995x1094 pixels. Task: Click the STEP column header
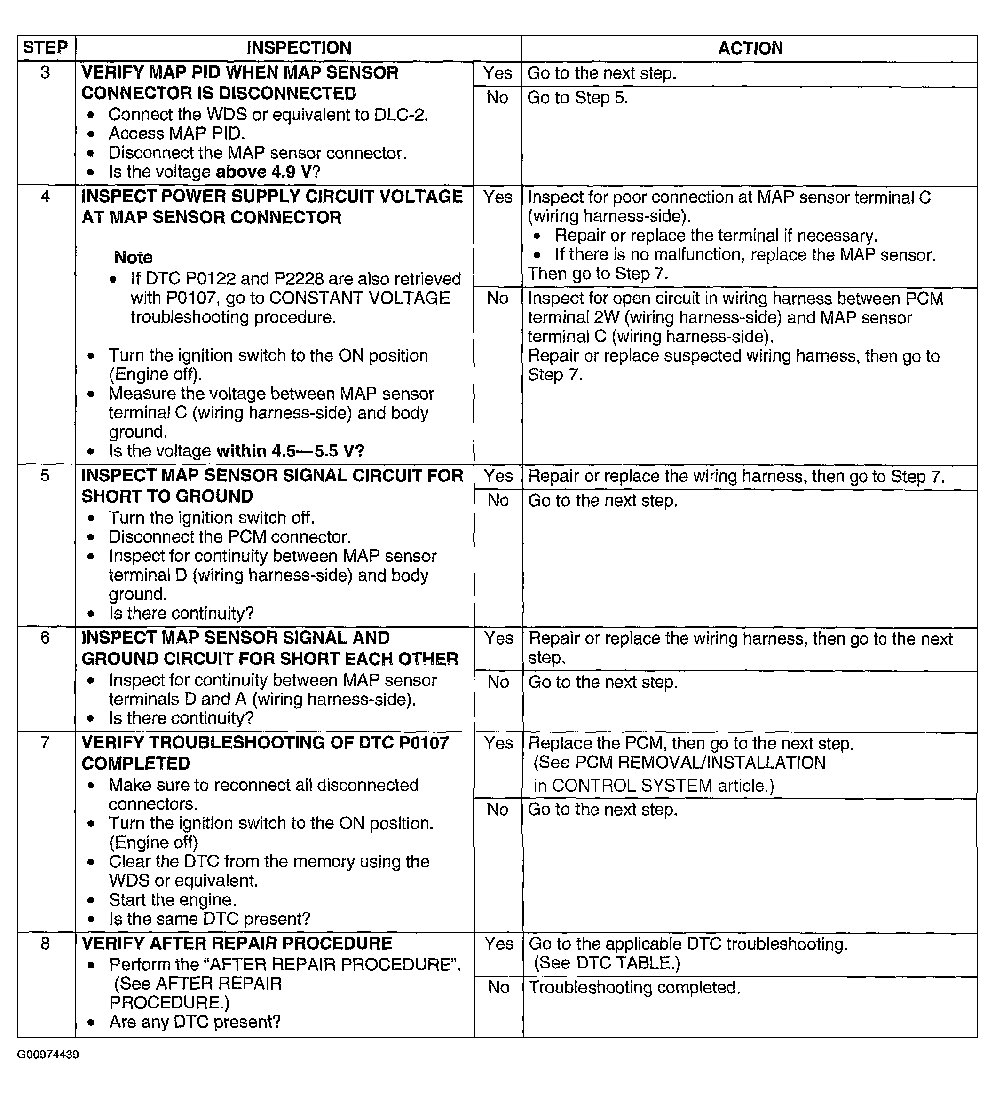click(x=46, y=48)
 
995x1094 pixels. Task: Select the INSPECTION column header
click(x=299, y=48)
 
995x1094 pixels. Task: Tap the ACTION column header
click(x=750, y=48)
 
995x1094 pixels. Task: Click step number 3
click(x=46, y=72)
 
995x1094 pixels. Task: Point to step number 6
click(x=46, y=637)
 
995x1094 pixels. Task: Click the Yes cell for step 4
click(x=498, y=197)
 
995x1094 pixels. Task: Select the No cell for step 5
click(x=498, y=500)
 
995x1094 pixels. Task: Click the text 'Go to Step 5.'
click(x=577, y=98)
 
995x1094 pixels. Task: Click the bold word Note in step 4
click(x=134, y=257)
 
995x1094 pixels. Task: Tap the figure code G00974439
click(x=48, y=1055)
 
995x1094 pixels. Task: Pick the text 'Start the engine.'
click(x=173, y=900)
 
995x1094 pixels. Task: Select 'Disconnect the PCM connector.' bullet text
click(x=229, y=537)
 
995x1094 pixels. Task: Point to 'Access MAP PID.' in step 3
click(x=177, y=134)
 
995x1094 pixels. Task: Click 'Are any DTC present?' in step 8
click(x=195, y=1022)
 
